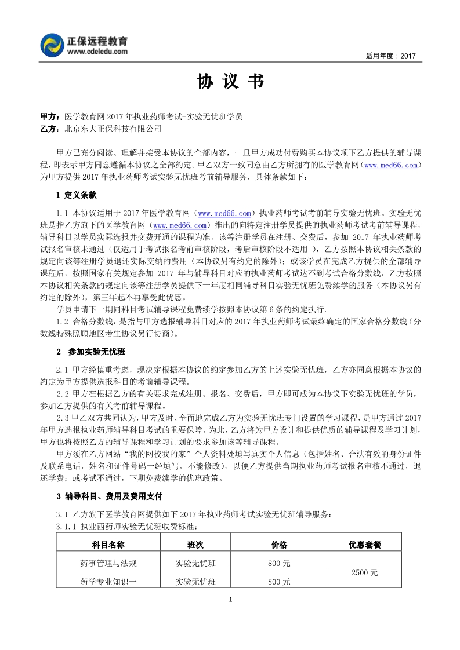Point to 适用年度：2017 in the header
(x=390, y=56)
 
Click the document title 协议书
(x=230, y=82)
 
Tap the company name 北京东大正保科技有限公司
(x=113, y=129)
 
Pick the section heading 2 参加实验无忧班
(x=91, y=352)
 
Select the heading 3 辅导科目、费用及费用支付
(x=110, y=496)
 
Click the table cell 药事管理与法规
(x=108, y=563)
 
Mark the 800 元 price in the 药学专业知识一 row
(x=279, y=581)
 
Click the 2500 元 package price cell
(x=364, y=572)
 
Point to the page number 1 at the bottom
(x=230, y=599)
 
